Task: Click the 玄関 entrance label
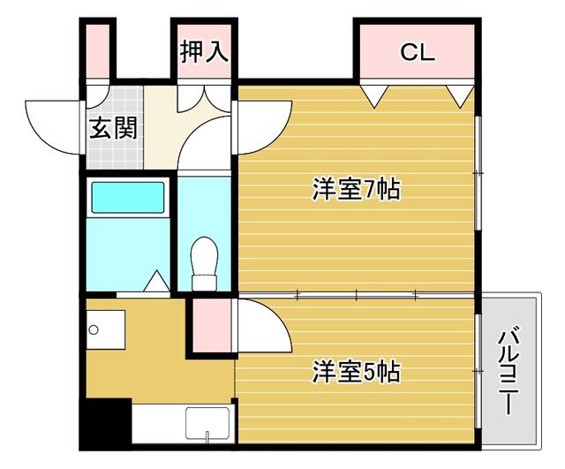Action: click(114, 128)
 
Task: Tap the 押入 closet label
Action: click(204, 51)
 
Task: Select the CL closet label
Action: click(418, 52)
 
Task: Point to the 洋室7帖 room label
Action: click(356, 189)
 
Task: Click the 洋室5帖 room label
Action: click(356, 371)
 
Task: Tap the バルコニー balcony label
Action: click(508, 370)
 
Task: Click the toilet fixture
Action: click(204, 263)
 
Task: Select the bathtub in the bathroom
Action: click(128, 198)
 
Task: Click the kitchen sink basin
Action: click(207, 425)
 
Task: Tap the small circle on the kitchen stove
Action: click(94, 329)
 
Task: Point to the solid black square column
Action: click(106, 423)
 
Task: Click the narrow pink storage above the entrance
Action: click(98, 51)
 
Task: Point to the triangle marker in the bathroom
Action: click(156, 281)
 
